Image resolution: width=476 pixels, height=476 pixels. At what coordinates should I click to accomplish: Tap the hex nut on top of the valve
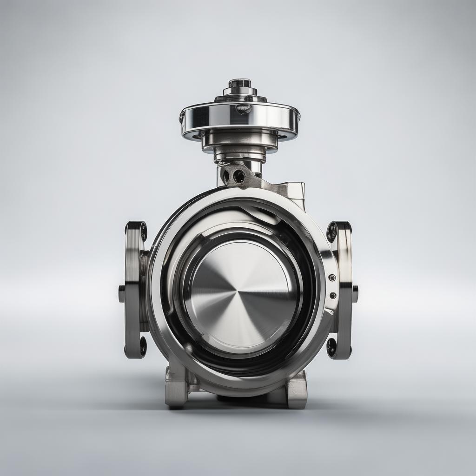click(x=240, y=84)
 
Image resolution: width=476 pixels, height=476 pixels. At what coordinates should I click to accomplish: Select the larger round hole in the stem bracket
click(x=239, y=176)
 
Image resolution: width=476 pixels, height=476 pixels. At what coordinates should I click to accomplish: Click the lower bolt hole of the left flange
click(x=143, y=347)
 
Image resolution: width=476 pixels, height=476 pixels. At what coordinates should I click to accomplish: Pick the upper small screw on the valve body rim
click(x=332, y=278)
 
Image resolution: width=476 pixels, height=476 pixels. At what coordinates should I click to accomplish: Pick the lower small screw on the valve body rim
click(x=333, y=295)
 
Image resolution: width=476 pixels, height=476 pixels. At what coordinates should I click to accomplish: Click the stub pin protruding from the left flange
click(x=122, y=294)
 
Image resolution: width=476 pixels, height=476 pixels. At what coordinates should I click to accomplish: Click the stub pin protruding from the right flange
click(x=355, y=294)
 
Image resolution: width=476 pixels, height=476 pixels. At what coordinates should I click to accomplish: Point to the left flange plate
click(x=134, y=288)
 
